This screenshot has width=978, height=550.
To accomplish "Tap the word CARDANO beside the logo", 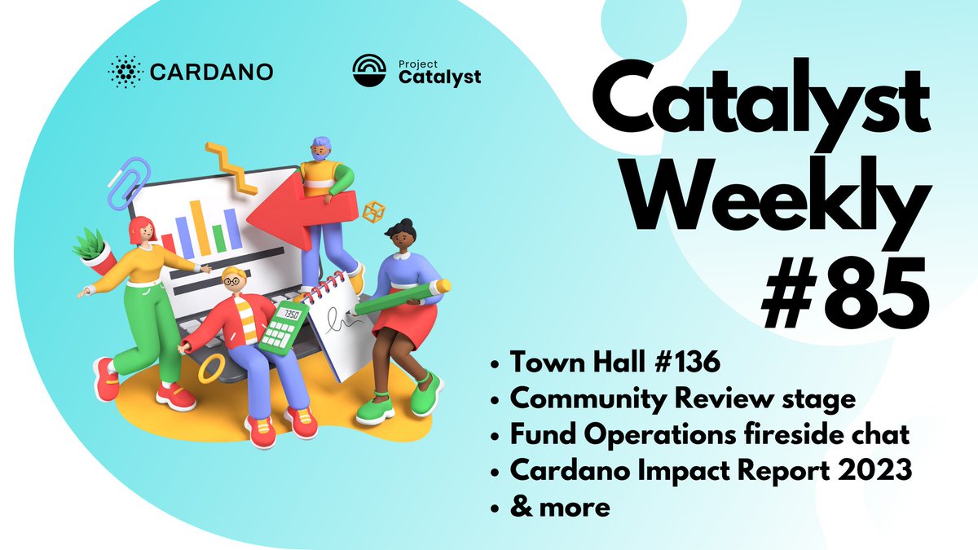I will click(211, 73).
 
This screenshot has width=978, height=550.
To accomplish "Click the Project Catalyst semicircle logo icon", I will click(371, 72).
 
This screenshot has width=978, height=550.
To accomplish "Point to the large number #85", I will click(844, 288).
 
